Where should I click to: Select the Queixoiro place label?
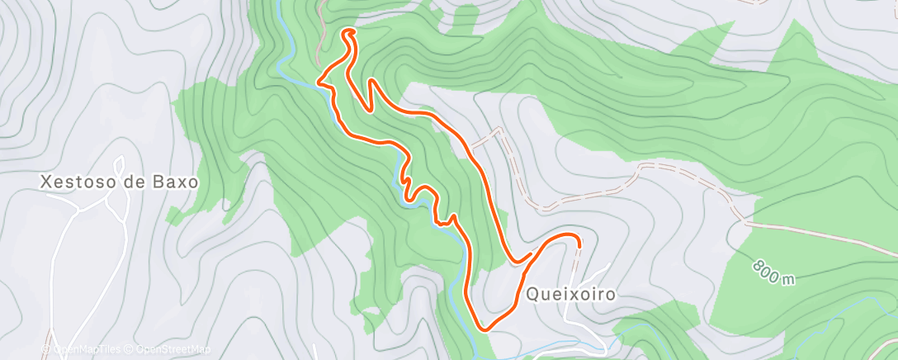[569, 293]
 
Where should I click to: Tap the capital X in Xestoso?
[45, 181]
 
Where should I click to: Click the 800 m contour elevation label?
[774, 273]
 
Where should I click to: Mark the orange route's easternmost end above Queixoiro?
[579, 244]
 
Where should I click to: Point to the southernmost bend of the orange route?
[484, 329]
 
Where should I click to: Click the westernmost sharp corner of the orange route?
[319, 81]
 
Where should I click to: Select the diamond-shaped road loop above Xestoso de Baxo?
[118, 165]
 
